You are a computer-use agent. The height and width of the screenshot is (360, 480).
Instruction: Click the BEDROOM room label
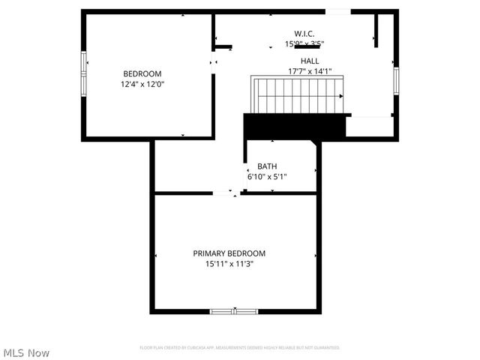pyautogui.click(x=142, y=73)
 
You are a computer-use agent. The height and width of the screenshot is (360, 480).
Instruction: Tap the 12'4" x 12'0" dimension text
pyautogui.click(x=142, y=85)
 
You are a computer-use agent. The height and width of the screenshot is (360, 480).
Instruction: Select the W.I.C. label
pyautogui.click(x=304, y=34)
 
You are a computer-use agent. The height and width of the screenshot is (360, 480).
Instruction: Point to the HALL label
pyautogui.click(x=310, y=61)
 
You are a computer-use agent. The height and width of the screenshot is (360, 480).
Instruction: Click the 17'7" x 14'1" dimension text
pyautogui.click(x=310, y=72)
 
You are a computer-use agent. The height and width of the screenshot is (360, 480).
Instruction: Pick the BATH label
pyautogui.click(x=267, y=166)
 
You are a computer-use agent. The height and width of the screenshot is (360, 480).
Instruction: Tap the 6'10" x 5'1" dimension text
pyautogui.click(x=267, y=177)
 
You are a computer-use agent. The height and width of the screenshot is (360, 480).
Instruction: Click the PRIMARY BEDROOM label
pyautogui.click(x=229, y=253)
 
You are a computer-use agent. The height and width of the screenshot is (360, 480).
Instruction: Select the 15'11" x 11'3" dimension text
pyautogui.click(x=229, y=264)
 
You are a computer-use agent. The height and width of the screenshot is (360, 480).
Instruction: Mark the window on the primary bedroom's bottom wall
pyautogui.click(x=234, y=310)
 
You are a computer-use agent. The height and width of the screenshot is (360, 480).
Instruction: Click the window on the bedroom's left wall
pyautogui.click(x=84, y=64)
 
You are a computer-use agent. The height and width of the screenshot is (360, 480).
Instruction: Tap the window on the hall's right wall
pyautogui.click(x=395, y=79)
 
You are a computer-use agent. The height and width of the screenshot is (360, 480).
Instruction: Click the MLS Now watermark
pyautogui.click(x=27, y=352)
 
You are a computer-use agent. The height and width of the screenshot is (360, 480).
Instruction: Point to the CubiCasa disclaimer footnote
pyautogui.click(x=240, y=348)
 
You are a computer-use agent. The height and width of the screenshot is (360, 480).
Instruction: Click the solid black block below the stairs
pyautogui.click(x=292, y=125)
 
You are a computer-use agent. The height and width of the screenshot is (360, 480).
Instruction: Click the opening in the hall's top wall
pyautogui.click(x=337, y=11)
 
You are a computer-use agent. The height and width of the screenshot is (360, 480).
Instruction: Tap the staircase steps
pyautogui.click(x=296, y=95)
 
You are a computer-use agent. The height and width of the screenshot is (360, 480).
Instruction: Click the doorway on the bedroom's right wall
pyautogui.click(x=214, y=61)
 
